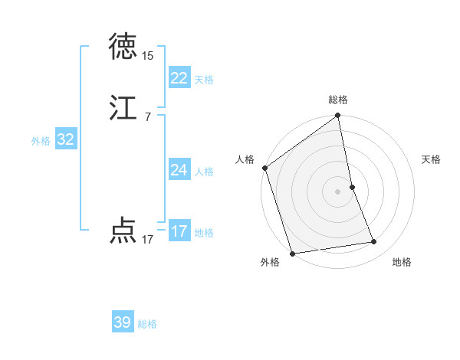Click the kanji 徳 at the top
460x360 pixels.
123,47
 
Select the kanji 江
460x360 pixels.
123,108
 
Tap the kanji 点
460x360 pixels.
123,231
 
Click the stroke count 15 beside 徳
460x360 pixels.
147,56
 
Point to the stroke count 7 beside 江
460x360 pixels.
147,117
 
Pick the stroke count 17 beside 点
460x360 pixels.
147,240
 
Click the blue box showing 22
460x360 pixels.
179,78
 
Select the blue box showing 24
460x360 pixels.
179,170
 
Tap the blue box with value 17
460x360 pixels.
179,231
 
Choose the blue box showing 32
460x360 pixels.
65,139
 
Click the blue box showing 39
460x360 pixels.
122,322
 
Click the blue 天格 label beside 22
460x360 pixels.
204,80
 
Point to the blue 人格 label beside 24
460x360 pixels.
204,172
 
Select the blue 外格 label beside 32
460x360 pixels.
41,141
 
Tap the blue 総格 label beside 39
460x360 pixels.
147,324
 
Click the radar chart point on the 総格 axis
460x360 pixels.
337,116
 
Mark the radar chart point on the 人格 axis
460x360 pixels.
264,168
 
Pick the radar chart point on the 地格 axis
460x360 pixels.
374,242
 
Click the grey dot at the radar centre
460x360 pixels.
337,191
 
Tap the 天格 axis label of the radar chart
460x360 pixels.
431,159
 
